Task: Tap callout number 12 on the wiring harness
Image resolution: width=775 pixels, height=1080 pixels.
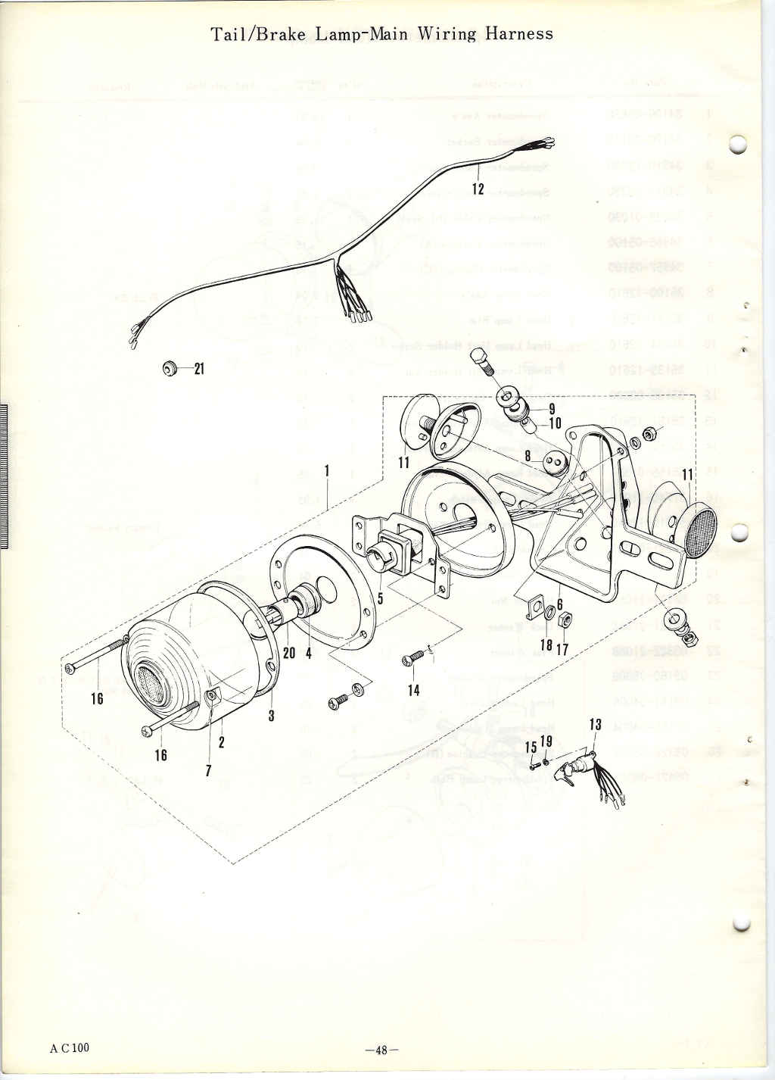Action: coord(478,189)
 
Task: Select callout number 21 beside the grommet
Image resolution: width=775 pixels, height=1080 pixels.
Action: coord(199,369)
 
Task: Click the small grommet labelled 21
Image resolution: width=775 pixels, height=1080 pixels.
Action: coord(170,368)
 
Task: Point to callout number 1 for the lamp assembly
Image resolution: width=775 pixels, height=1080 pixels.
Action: coord(327,470)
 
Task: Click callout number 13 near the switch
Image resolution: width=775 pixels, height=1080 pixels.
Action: coord(595,725)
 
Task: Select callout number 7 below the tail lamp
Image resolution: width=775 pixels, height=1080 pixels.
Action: coord(208,769)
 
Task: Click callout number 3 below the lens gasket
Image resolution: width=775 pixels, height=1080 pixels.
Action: coord(271,716)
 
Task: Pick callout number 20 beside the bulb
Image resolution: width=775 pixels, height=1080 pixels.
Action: coord(288,652)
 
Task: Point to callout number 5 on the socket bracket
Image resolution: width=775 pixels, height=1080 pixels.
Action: coord(380,598)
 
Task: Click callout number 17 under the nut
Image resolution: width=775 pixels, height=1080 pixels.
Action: coord(562,650)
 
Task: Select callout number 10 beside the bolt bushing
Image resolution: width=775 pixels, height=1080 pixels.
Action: coord(555,423)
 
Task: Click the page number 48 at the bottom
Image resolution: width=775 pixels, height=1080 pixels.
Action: coord(381,1050)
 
